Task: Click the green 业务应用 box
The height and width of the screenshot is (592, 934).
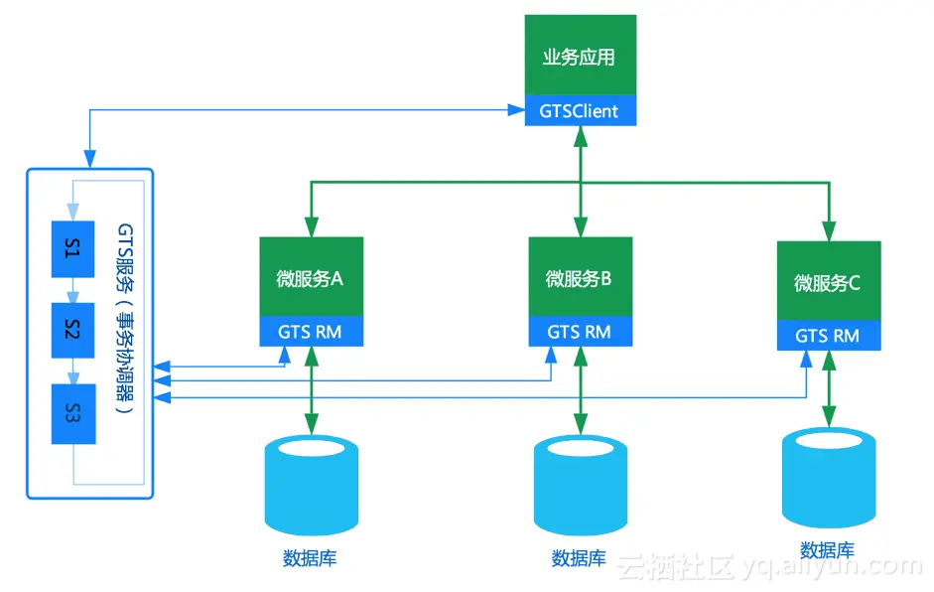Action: [x=580, y=56]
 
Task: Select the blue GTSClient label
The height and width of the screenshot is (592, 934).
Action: [x=580, y=111]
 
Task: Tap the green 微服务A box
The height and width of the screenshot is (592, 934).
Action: [x=311, y=277]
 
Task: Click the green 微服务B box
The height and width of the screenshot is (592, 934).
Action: [x=580, y=277]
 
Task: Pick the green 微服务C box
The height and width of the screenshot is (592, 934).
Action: [x=828, y=282]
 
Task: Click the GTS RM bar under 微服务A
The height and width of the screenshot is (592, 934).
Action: [x=311, y=332]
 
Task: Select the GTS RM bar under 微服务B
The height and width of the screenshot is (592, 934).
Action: [x=580, y=332]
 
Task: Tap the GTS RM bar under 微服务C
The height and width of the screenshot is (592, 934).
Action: [x=828, y=337]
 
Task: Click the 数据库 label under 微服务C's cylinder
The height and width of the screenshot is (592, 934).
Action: [x=827, y=550]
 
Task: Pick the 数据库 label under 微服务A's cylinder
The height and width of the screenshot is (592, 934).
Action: [x=310, y=557]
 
